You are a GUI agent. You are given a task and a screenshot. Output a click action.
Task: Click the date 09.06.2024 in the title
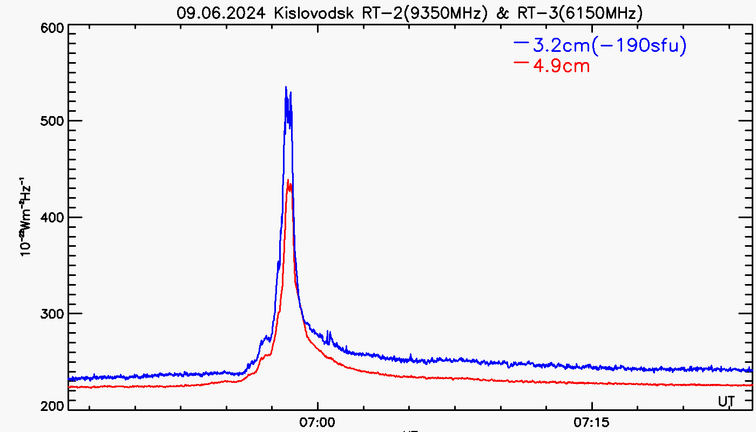(220, 13)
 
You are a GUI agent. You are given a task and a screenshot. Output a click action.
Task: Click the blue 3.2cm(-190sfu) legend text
(610, 46)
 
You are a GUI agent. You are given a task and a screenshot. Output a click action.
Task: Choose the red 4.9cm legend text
(561, 66)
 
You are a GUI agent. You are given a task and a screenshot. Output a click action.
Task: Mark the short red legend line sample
(521, 62)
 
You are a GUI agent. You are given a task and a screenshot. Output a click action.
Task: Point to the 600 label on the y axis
(53, 28)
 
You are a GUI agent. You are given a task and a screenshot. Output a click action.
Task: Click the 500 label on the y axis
(53, 121)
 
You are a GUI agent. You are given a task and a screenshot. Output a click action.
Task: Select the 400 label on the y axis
(53, 217)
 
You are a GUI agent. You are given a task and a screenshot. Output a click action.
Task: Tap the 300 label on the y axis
(53, 313)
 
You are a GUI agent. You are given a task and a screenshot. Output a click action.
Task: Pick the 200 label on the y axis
(53, 406)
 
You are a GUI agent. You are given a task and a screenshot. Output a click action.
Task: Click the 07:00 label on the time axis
(318, 421)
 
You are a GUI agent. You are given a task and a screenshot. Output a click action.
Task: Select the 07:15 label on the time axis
(592, 421)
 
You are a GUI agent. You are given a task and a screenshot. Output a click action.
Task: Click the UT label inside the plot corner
(726, 402)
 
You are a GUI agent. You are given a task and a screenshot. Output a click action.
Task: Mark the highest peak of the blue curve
(286, 87)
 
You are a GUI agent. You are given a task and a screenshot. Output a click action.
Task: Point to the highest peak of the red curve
(288, 180)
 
